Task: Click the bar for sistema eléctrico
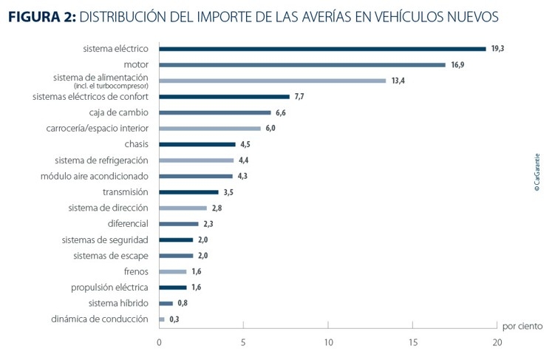[322, 49]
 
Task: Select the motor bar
[302, 65]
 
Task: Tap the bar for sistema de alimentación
[273, 81]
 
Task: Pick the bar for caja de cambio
[215, 112]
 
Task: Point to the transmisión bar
[188, 192]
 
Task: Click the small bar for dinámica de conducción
[162, 319]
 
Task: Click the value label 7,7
[299, 97]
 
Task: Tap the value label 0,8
[183, 303]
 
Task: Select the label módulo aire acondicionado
[94, 176]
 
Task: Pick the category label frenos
[136, 271]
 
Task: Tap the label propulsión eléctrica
[109, 288]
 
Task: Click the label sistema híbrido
[118, 303]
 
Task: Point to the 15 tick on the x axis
[412, 343]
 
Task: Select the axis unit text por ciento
[522, 326]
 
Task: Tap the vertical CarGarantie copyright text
[537, 173]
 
